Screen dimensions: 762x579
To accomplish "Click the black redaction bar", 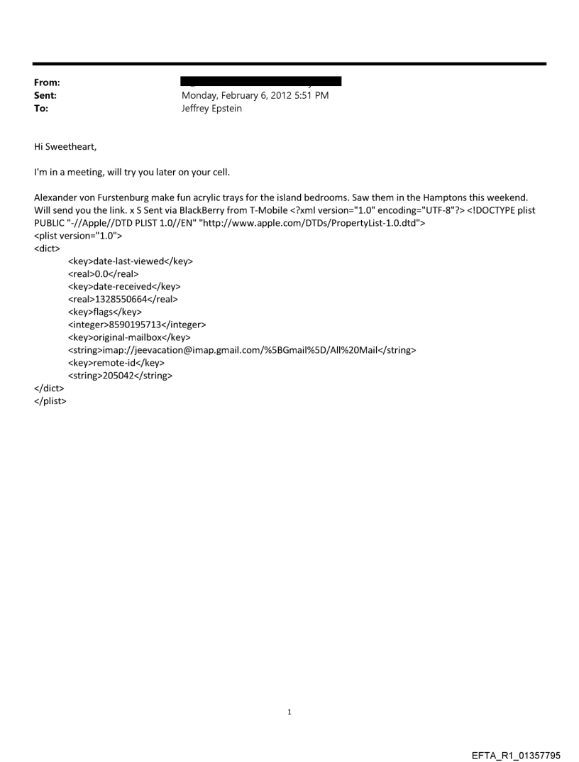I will coord(261,82).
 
